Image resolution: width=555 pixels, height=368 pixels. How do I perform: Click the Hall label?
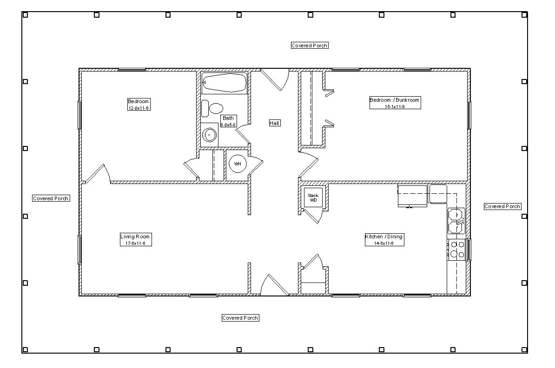coord(275,123)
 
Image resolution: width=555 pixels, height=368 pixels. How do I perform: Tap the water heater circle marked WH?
coord(238,164)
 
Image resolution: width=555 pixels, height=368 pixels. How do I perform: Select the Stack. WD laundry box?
coord(313,197)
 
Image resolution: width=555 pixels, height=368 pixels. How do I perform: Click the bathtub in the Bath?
coord(225,83)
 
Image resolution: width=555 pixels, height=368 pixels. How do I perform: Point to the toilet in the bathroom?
coord(212,108)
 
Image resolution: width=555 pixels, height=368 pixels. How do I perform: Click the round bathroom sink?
coord(210,135)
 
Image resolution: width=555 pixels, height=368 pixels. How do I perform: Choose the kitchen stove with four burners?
coord(456,250)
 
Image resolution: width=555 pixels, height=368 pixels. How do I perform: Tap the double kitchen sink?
coord(456,221)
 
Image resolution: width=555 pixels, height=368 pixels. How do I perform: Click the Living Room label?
coord(136,240)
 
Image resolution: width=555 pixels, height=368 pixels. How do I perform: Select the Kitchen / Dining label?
coord(384,240)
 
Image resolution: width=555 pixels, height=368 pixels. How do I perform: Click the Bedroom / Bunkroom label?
coord(395,103)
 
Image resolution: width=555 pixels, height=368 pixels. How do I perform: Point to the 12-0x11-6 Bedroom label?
coord(139,105)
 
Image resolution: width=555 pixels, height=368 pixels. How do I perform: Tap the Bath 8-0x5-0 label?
coord(228,121)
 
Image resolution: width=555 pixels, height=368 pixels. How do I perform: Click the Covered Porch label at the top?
coord(310,46)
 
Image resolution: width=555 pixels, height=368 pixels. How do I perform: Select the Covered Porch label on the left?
coord(51,198)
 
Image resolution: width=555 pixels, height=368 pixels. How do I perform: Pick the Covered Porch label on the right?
coord(502,206)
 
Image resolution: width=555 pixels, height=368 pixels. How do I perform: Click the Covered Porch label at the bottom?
coord(240,318)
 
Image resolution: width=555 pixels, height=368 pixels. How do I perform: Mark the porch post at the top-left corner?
coord(25,15)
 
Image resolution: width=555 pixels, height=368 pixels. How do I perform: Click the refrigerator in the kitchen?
coord(412,196)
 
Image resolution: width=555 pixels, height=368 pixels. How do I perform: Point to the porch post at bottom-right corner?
coord(524,349)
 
